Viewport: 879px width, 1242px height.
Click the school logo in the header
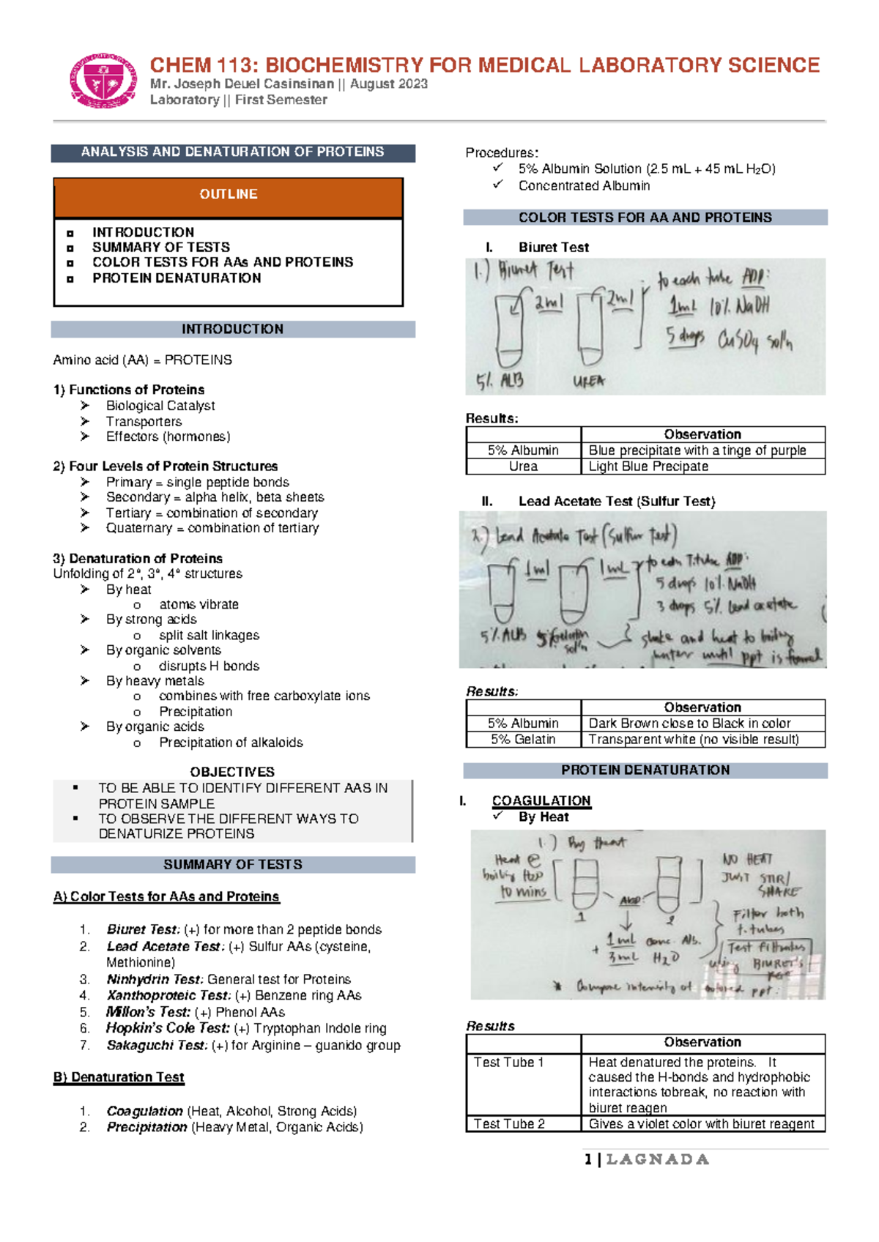(103, 81)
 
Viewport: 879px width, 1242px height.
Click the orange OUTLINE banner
(229, 195)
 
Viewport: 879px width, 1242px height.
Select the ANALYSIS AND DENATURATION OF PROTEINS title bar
(232, 152)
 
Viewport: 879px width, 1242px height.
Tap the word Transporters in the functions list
(144, 421)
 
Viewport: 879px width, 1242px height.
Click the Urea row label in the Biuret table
(523, 466)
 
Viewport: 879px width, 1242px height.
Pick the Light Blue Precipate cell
(648, 466)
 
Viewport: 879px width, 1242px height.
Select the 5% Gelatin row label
(523, 740)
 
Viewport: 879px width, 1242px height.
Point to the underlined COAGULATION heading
(541, 800)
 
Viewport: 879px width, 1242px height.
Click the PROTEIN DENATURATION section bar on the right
(645, 770)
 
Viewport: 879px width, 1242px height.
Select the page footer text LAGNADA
(657, 1160)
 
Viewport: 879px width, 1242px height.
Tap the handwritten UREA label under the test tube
(589, 382)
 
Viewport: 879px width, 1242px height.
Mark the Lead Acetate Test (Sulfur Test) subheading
(617, 502)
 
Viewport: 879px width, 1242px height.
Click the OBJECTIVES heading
(232, 772)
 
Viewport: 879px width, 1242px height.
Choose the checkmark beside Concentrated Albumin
(498, 185)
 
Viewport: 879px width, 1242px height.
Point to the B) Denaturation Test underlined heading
(119, 1077)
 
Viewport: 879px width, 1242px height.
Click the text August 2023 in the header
(389, 84)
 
